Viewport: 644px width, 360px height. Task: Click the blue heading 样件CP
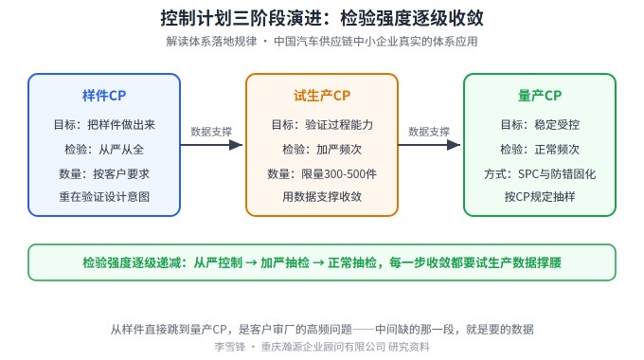coord(104,96)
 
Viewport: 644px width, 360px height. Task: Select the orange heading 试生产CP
coord(322,96)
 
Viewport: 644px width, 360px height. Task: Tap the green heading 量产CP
coord(539,96)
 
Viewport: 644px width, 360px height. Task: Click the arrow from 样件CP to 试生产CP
coord(211,145)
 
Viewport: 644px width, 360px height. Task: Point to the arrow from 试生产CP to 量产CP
coord(429,145)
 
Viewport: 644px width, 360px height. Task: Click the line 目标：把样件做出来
coord(104,124)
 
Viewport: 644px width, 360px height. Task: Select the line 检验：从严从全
coord(104,149)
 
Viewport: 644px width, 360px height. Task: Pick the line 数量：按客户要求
coord(104,173)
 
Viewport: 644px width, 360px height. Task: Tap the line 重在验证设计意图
coord(104,197)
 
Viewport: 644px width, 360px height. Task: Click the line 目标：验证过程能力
coord(322,124)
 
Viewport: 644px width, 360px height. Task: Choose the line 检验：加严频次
coord(322,149)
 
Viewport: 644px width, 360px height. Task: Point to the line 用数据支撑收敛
coord(322,197)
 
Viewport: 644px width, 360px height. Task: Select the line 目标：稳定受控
coord(540,124)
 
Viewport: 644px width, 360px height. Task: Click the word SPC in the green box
coord(528,174)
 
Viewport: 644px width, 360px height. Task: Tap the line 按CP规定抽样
coord(540,197)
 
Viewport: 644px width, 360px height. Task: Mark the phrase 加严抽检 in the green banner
coord(285,262)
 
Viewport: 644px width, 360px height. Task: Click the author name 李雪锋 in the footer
coord(229,347)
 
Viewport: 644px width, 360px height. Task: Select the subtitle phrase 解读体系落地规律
coord(211,42)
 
